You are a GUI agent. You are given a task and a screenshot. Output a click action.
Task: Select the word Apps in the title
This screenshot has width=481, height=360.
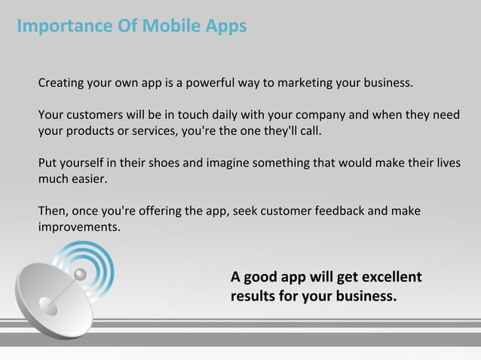(x=225, y=27)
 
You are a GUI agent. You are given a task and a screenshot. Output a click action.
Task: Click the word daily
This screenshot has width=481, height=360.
(x=228, y=116)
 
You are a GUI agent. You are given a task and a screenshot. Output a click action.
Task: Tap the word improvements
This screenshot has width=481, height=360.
(x=78, y=227)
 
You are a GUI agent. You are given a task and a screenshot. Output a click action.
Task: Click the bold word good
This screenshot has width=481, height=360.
(x=261, y=276)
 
